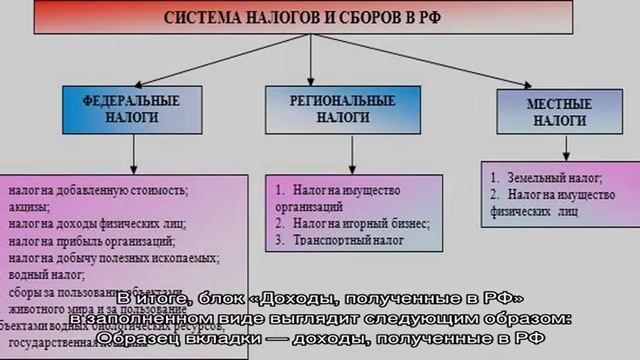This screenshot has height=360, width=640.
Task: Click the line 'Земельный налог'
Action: click(535, 173)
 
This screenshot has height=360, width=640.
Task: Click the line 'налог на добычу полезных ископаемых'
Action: click(110, 257)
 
